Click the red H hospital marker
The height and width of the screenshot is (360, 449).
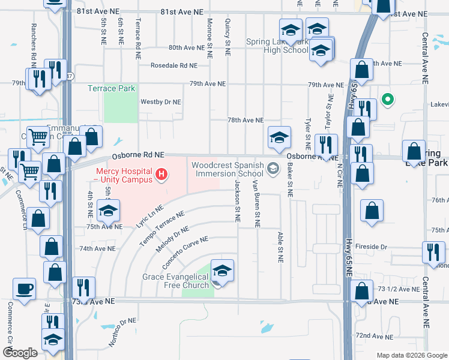(x=161, y=175)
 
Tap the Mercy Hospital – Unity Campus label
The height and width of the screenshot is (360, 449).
(x=124, y=175)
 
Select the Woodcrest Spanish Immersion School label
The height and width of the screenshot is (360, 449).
(x=228, y=169)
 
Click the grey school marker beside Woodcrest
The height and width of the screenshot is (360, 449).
(x=274, y=168)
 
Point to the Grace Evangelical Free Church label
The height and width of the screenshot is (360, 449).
(x=175, y=281)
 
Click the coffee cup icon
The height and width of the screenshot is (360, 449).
(x=25, y=289)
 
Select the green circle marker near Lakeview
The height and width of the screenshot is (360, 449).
(x=388, y=100)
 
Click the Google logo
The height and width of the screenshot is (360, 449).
(x=20, y=352)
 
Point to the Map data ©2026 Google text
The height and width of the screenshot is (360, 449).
(x=411, y=355)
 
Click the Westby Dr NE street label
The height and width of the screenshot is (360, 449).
(x=160, y=102)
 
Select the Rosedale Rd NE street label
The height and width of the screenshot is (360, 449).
(x=174, y=65)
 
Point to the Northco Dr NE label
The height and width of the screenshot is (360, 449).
(x=121, y=332)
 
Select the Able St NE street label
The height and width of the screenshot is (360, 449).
(x=280, y=247)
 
